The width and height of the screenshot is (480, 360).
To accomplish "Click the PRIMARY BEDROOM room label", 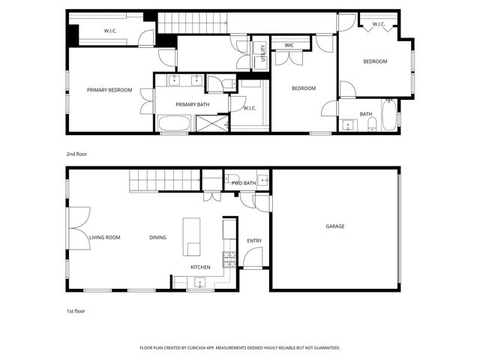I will tap(109, 90).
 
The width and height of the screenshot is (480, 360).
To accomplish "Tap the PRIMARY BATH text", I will tap(191, 104).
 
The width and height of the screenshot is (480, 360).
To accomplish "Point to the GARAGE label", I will tap(335, 226).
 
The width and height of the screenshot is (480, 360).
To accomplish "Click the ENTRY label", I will tap(254, 241).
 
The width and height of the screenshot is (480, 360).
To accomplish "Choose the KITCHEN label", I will tap(200, 267).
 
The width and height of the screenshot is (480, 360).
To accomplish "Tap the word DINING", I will tap(157, 238).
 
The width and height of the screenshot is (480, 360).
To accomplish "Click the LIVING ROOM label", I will tap(105, 238).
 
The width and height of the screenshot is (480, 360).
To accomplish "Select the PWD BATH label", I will tap(244, 183).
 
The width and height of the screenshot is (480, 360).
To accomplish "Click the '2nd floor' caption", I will tap(76, 154).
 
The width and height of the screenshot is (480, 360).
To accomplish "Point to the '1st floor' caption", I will tap(76, 310).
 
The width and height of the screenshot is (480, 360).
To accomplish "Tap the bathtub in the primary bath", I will tap(175, 123).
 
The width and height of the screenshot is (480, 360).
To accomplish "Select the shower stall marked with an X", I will tap(211, 123).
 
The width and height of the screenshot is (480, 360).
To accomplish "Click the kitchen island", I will tap(193, 237).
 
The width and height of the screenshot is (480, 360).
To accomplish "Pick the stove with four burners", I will tap(229, 259).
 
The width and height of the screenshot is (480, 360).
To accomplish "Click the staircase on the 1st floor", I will tap(165, 180).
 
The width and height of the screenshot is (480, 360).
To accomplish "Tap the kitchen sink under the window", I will tap(200, 283).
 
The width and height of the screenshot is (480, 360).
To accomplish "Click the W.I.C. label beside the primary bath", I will tap(249, 108).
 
